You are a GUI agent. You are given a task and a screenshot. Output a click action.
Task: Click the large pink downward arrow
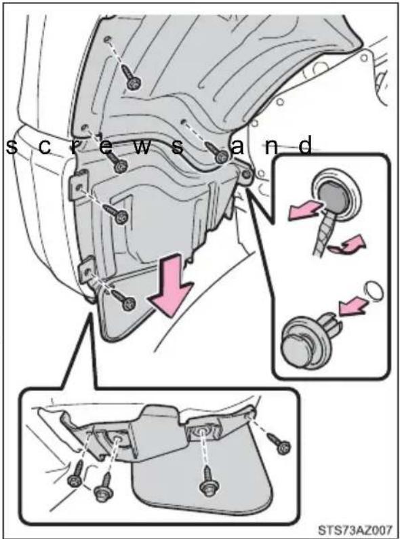[169, 283]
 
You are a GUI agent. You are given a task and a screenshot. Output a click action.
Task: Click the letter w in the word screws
[142, 146]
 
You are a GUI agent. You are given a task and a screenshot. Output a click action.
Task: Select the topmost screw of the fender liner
[132, 79]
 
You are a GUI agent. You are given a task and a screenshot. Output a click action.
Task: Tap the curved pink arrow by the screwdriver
[346, 245]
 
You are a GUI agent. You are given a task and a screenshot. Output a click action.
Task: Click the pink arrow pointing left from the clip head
[305, 210]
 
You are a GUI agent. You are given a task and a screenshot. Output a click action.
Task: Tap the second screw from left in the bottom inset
[104, 488]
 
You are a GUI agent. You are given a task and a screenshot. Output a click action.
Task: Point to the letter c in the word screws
[45, 147]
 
